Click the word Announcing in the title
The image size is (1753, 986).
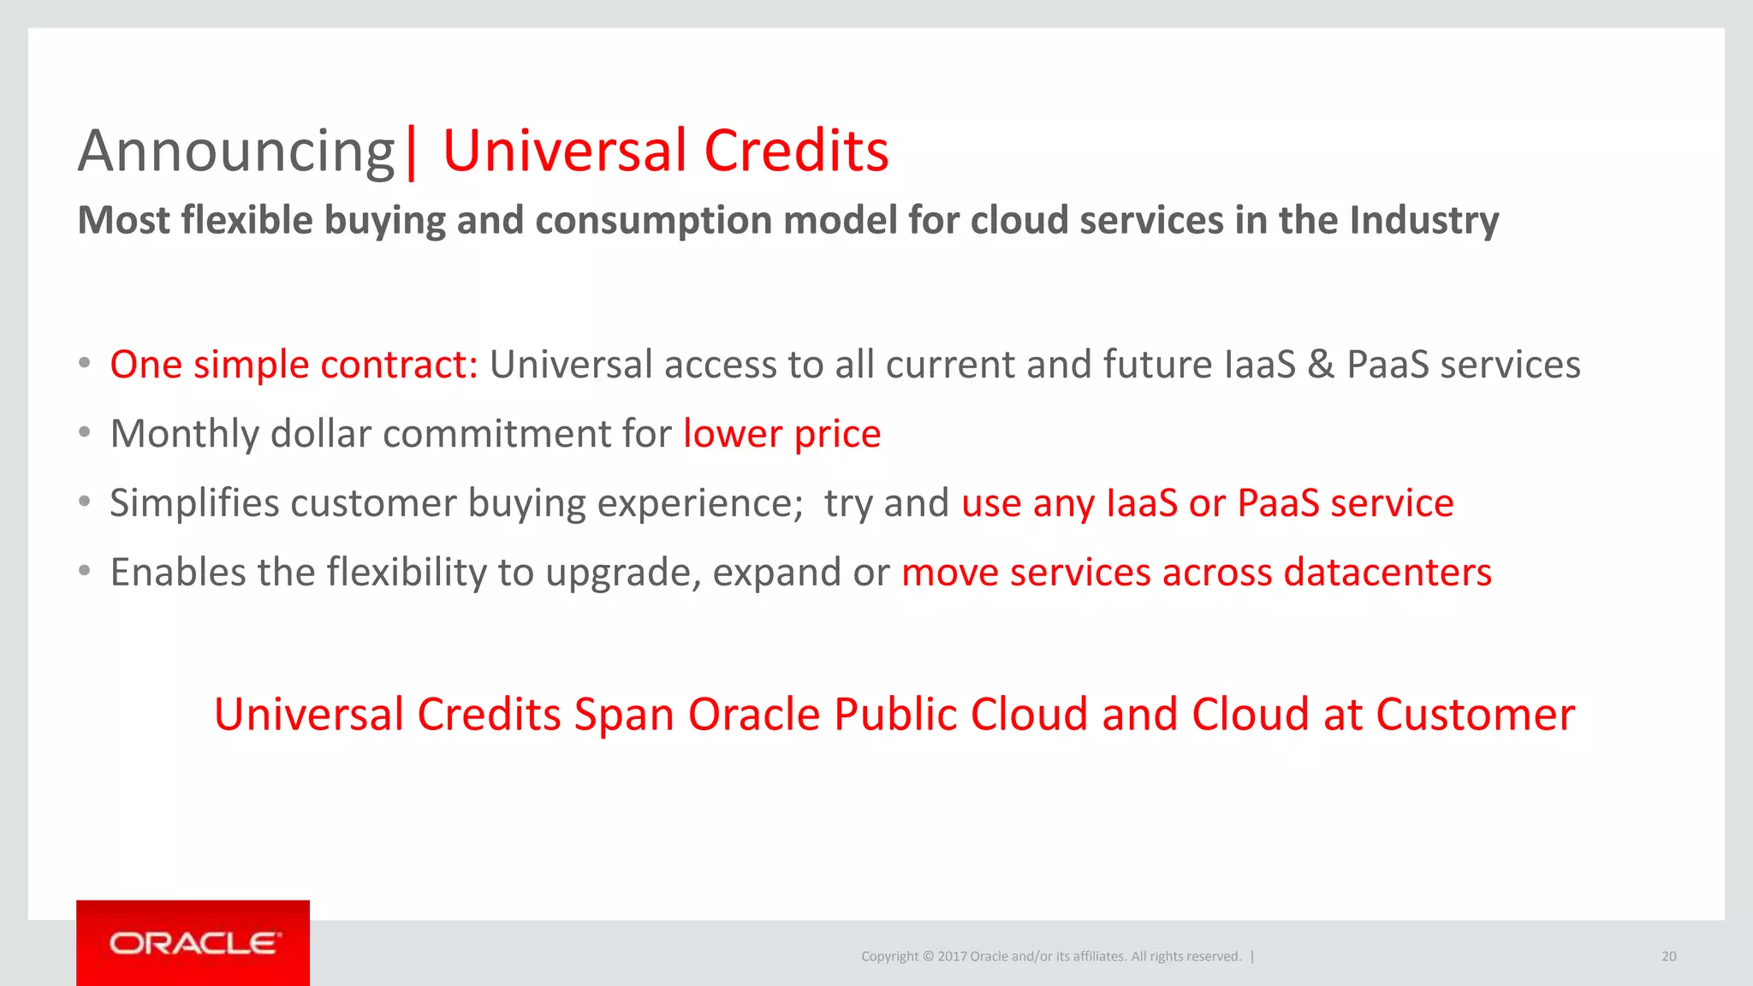pos(235,152)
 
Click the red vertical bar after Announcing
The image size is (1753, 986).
pos(412,152)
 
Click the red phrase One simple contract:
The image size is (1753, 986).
pos(294,365)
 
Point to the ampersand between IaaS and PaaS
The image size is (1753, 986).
pos(1321,365)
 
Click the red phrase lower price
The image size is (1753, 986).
pos(781,434)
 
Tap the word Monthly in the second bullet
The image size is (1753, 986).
pos(184,434)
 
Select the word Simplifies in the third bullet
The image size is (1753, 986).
pos(194,503)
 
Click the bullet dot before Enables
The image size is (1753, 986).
pos(84,571)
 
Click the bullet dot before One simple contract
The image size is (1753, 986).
pos(84,363)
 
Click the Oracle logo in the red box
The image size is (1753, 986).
pos(193,943)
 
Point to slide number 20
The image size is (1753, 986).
pos(1668,957)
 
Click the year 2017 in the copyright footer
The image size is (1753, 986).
pos(952,957)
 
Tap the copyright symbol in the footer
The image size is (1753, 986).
pos(927,957)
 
